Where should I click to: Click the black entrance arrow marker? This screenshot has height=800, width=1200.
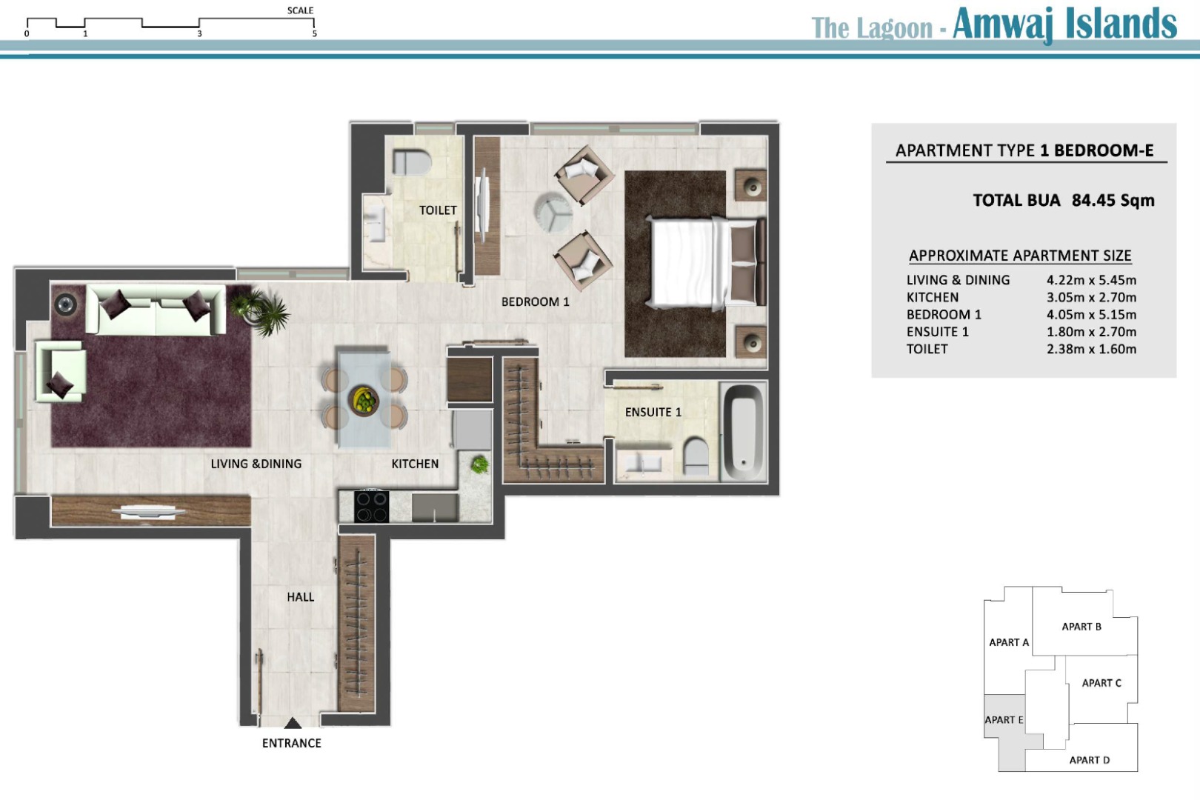(x=293, y=724)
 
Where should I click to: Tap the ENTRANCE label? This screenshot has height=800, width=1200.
(x=291, y=743)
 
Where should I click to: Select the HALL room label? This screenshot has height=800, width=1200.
(x=301, y=597)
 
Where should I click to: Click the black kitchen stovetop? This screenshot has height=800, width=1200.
(x=372, y=506)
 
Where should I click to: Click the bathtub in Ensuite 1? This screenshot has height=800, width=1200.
(x=743, y=432)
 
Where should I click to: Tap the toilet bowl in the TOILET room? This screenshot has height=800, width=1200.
(x=411, y=161)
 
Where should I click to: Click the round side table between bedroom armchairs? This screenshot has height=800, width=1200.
(x=553, y=212)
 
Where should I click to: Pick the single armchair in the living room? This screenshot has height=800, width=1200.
(x=61, y=371)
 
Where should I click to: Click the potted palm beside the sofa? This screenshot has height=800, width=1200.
(x=261, y=312)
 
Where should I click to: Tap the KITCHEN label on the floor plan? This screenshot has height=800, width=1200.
(x=415, y=464)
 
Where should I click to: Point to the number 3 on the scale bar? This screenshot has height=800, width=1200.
(x=199, y=34)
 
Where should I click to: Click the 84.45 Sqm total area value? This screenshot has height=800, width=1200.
(x=1113, y=201)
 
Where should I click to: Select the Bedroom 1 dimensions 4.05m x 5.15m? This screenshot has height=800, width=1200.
(x=1091, y=315)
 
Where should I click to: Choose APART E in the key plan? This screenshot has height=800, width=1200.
(x=1004, y=719)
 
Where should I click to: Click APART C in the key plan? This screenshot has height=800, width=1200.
(x=1101, y=683)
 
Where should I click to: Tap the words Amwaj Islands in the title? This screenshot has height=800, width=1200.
(x=1064, y=24)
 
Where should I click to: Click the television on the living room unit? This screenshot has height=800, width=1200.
(x=148, y=512)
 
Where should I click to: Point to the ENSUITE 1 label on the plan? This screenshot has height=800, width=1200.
(x=653, y=412)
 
